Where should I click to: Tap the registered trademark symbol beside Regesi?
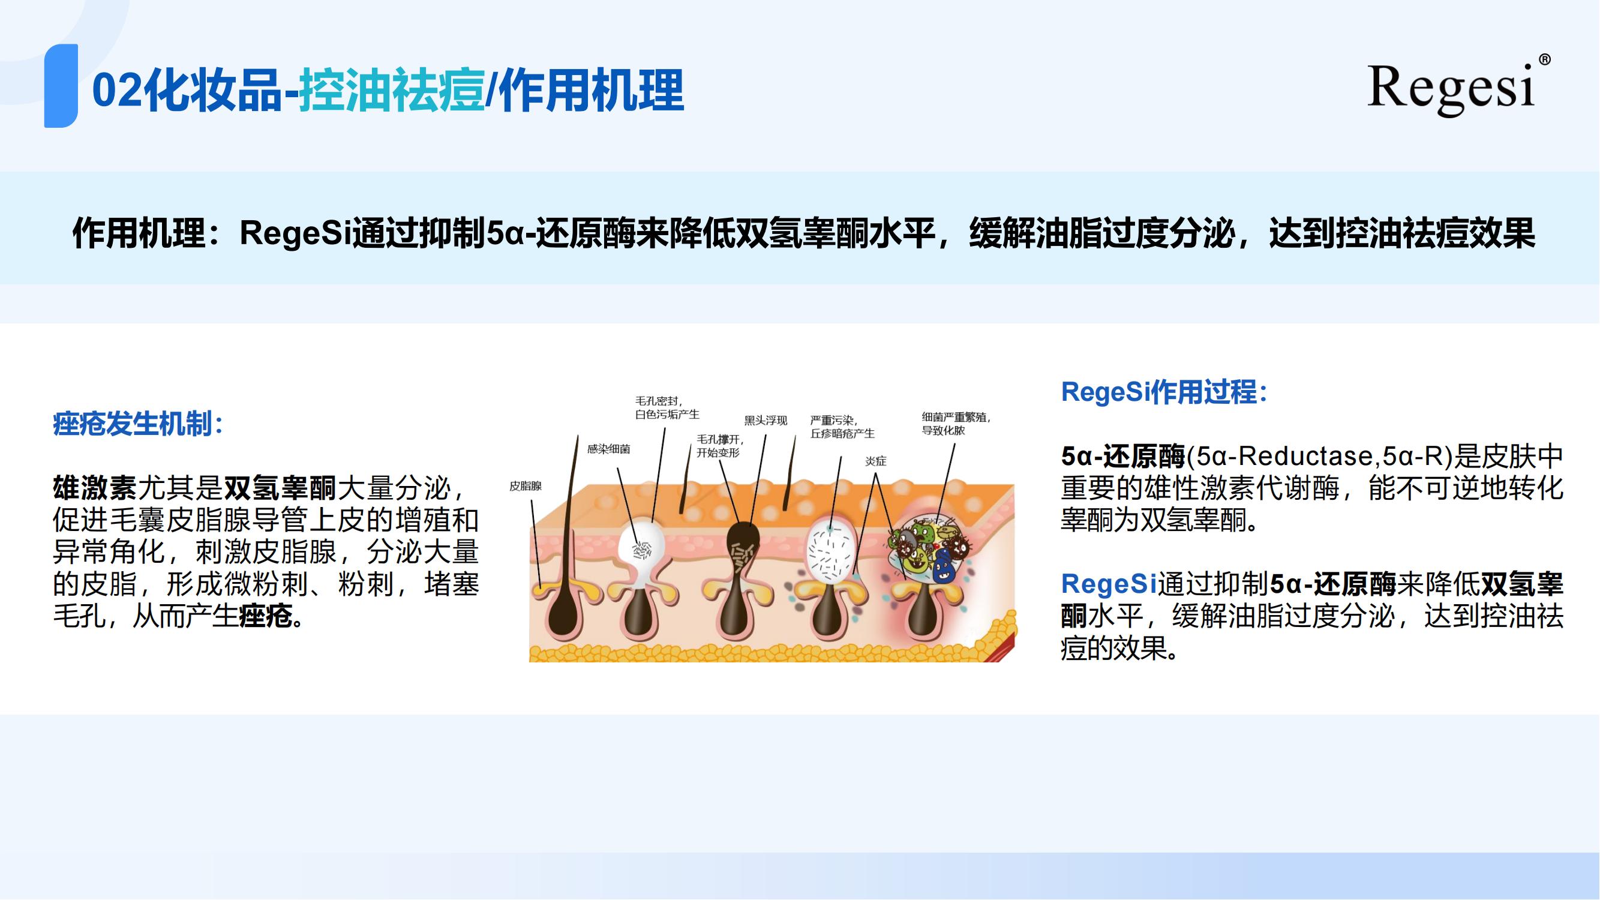pos(1545,59)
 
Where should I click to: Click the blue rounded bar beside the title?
pos(61,86)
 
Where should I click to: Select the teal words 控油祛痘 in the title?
pos(391,91)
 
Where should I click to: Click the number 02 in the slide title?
pos(118,91)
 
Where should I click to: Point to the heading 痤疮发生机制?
pos(138,424)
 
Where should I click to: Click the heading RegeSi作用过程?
pos(1164,392)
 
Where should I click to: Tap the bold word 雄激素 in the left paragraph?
pos(95,488)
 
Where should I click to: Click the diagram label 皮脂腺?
pos(526,486)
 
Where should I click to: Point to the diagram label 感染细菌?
pos(609,448)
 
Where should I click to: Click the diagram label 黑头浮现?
pos(766,421)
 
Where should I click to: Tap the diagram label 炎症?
pos(876,461)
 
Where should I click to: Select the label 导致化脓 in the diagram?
pos(944,430)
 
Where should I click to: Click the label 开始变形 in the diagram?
pos(718,452)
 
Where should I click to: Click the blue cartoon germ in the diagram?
pos(944,567)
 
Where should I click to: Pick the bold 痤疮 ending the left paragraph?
pos(266,616)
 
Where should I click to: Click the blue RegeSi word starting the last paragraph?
pos(1109,584)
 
